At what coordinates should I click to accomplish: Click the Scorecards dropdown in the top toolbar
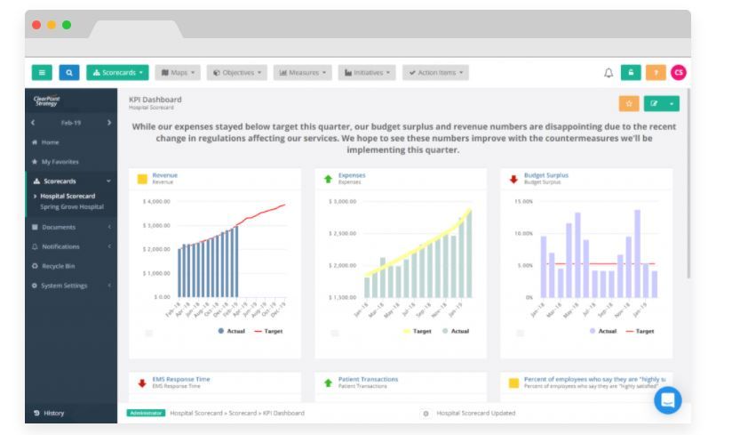[x=116, y=72]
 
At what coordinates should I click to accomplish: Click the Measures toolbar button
[x=303, y=72]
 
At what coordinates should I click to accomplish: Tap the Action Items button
[x=435, y=72]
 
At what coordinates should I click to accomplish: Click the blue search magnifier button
[x=69, y=72]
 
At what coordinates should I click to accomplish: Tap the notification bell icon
[x=608, y=73]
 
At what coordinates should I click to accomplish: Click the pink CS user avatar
[x=678, y=73]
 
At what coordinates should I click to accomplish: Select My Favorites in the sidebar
[x=60, y=162]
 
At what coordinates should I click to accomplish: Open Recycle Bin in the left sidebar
[x=59, y=266]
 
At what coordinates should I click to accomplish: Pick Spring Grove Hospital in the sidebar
[x=72, y=206]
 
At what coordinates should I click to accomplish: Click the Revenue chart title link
[x=164, y=175]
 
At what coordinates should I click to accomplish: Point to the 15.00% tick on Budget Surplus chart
[x=522, y=201]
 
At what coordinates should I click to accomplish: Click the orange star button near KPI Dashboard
[x=628, y=103]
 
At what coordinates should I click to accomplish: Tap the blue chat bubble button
[x=667, y=400]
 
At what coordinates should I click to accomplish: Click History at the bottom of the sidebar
[x=53, y=413]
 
